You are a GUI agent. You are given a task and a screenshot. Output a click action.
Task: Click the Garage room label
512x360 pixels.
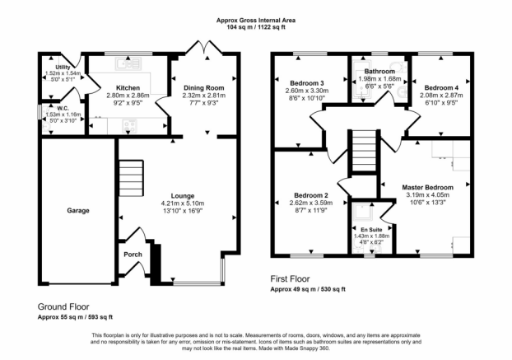(78, 211)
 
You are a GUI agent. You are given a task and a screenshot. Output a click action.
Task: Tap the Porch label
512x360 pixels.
(133, 255)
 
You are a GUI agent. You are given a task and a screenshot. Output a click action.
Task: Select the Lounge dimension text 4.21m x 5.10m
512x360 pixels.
(183, 203)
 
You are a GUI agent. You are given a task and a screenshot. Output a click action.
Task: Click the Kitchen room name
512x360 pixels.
(128, 88)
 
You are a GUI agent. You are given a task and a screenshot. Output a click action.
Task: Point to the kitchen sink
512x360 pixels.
(128, 63)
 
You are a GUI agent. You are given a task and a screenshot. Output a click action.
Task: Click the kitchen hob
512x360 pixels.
(129, 126)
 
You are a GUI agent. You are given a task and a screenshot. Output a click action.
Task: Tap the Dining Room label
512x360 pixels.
(204, 88)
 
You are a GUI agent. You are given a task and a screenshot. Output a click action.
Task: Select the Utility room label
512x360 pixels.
(63, 68)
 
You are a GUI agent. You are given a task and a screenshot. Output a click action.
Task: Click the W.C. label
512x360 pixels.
(63, 109)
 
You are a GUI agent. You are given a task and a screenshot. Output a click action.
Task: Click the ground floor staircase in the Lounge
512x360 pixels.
(131, 178)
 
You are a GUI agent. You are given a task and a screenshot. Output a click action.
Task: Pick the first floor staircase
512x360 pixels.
(364, 151)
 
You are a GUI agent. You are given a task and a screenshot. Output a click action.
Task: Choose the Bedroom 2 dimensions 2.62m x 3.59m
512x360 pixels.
(311, 203)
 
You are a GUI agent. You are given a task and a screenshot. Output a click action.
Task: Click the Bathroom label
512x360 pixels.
(379, 71)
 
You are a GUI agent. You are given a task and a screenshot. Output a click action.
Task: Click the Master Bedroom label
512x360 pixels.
(428, 188)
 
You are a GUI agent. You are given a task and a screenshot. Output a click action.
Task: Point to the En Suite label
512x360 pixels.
(371, 230)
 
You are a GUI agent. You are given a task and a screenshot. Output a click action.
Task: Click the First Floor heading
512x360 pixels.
(290, 279)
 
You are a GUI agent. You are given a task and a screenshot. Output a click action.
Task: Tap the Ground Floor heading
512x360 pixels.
(63, 306)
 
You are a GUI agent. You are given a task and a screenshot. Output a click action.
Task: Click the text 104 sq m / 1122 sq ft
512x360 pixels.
(256, 27)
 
